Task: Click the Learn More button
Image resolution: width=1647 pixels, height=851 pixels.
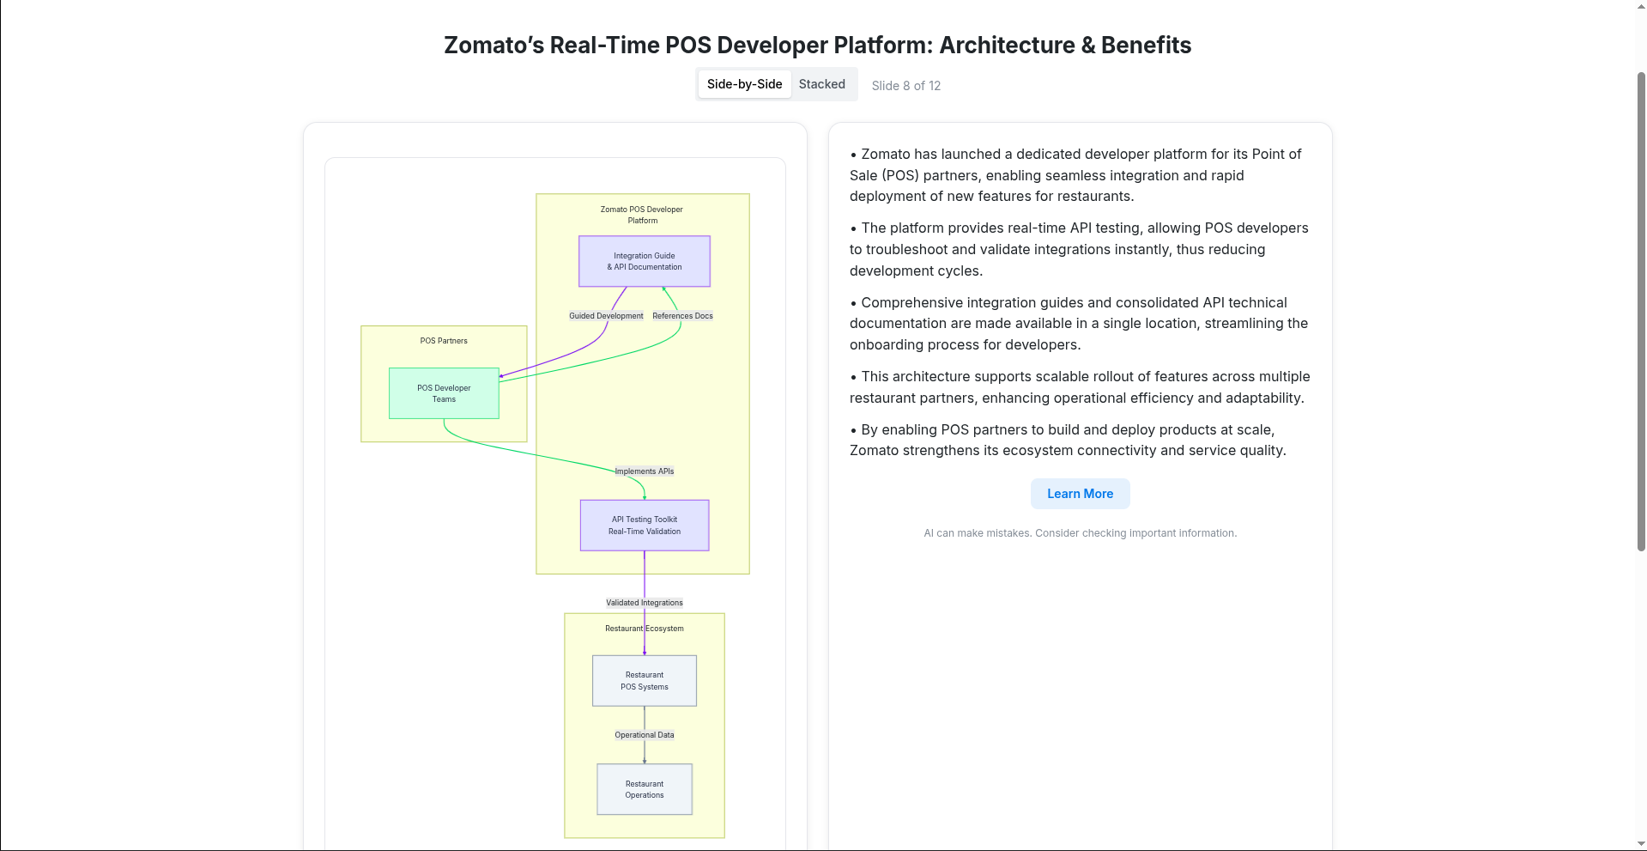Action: point(1080,494)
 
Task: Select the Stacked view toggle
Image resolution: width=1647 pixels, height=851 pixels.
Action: point(821,84)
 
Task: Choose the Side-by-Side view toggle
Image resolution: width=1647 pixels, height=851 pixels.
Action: point(744,84)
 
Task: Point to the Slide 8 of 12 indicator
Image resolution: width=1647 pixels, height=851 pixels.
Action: point(905,86)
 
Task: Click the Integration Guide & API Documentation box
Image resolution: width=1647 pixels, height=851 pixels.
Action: point(644,261)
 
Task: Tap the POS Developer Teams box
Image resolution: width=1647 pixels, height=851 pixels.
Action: point(444,393)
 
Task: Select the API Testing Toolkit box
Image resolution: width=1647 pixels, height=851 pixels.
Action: point(644,526)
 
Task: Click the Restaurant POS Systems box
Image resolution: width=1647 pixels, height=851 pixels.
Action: point(644,681)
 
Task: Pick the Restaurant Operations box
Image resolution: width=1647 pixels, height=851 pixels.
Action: point(644,789)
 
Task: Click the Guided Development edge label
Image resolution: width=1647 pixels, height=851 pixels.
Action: point(606,316)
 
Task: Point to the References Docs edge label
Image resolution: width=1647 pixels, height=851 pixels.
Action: point(682,316)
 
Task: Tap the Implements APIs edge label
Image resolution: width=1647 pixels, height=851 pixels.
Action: point(644,471)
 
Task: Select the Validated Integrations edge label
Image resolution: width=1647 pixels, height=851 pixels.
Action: point(644,603)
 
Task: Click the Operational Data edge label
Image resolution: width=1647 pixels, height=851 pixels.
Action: point(644,735)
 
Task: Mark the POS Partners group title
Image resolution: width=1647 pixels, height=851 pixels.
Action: point(444,341)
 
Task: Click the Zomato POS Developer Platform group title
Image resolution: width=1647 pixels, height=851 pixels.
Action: point(642,215)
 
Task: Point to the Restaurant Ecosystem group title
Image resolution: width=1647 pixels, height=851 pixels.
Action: point(644,629)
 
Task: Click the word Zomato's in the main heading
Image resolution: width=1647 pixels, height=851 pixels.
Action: point(493,46)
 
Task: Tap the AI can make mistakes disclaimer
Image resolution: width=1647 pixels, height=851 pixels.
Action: point(1080,533)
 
